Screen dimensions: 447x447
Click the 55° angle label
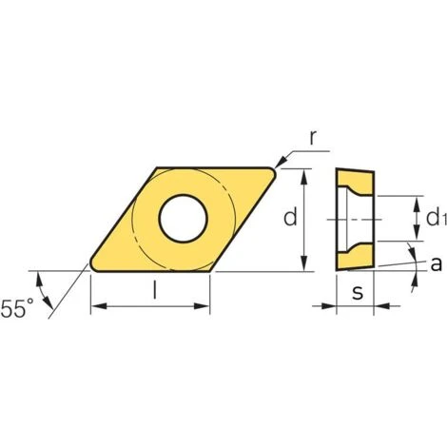(x=17, y=308)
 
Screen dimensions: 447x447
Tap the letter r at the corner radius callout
(x=313, y=138)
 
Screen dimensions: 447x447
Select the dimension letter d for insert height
(x=290, y=216)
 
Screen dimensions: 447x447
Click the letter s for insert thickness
(x=358, y=292)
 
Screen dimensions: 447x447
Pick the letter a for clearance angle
(x=436, y=263)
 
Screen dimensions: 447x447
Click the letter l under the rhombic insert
(x=154, y=290)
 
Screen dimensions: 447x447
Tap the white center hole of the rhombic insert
(x=183, y=219)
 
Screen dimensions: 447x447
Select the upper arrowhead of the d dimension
(x=304, y=176)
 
